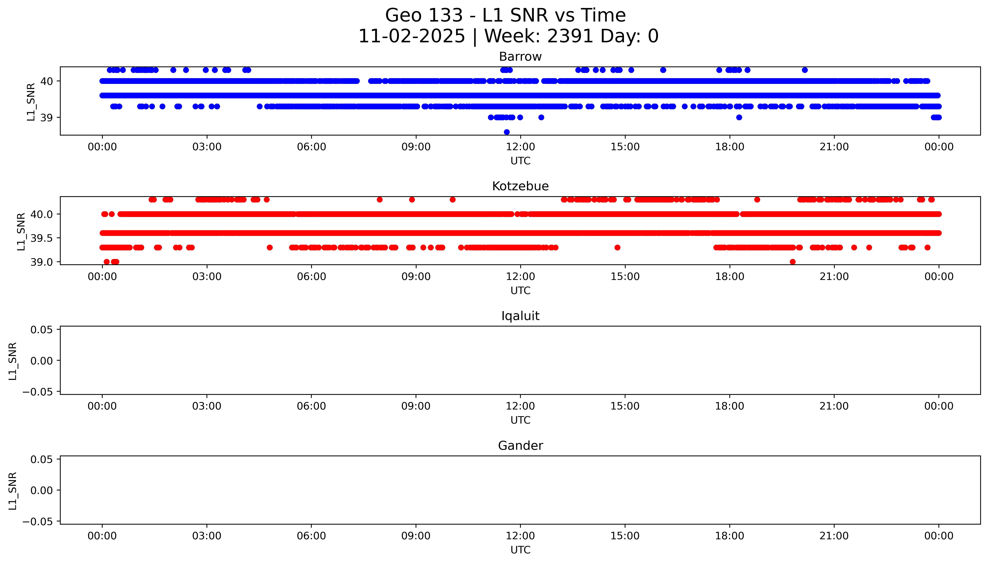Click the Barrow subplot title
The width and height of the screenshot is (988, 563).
(x=520, y=57)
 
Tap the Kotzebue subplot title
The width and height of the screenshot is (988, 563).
(x=520, y=186)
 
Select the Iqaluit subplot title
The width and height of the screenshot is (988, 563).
(x=520, y=316)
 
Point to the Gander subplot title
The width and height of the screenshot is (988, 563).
(x=520, y=446)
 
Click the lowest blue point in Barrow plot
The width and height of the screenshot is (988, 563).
(x=507, y=132)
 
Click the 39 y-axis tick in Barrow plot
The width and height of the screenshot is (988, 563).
(x=46, y=118)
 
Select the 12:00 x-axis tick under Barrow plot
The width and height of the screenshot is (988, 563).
(x=520, y=147)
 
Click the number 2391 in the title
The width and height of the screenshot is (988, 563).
(x=570, y=36)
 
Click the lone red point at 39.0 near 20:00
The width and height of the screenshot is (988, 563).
(x=792, y=262)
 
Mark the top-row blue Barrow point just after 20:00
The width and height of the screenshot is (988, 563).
(x=805, y=70)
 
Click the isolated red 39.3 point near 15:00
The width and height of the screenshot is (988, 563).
(x=617, y=247)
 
